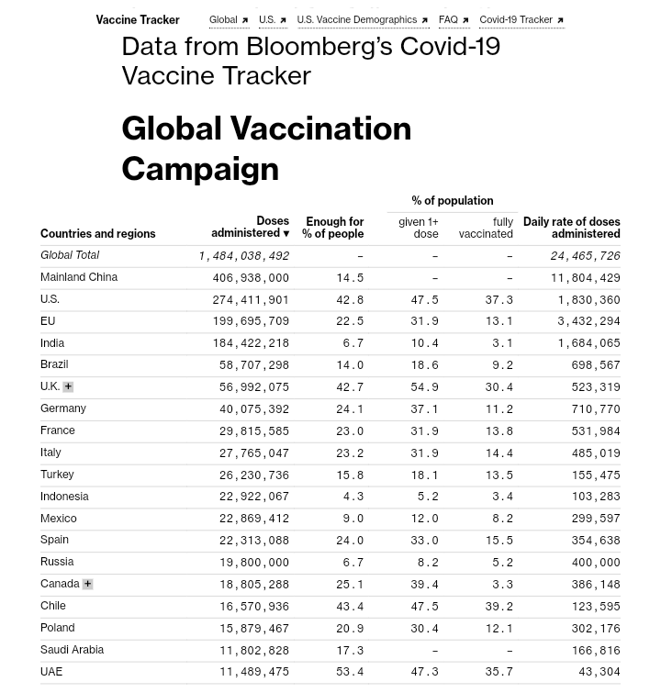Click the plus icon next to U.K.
click(x=68, y=386)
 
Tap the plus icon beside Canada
click(x=87, y=584)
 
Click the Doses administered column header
click(x=250, y=227)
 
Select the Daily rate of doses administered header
click(x=571, y=227)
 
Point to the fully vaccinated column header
click(x=486, y=228)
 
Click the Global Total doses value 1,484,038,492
click(x=243, y=256)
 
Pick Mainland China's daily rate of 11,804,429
click(x=585, y=277)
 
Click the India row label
click(x=52, y=342)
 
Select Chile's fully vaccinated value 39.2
click(x=501, y=606)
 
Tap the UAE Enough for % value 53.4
click(x=349, y=672)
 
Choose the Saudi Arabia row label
click(x=72, y=649)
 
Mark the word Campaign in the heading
click(x=199, y=168)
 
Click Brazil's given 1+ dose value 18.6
click(x=424, y=364)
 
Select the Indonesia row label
click(x=64, y=496)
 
